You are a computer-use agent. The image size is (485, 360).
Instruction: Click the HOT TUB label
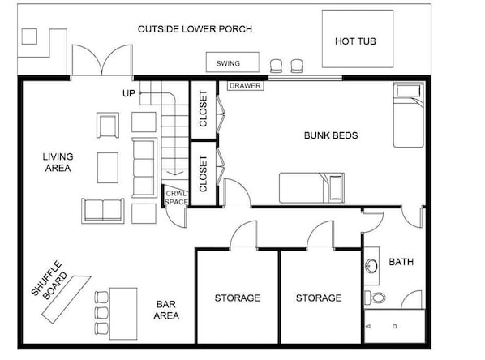tap(355, 41)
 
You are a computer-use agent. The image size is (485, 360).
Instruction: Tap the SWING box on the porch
tap(233, 62)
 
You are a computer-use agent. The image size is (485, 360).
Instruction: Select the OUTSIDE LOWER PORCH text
tap(195, 29)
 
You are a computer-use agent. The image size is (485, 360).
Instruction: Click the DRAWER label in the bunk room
tap(245, 86)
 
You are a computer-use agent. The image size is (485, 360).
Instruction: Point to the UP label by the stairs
tap(129, 93)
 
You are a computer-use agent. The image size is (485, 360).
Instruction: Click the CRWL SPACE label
tap(176, 198)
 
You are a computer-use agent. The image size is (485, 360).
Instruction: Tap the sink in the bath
tap(371, 266)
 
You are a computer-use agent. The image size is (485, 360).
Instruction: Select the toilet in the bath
tap(375, 298)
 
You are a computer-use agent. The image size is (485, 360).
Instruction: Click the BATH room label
tap(401, 262)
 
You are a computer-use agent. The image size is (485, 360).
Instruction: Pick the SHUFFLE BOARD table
tap(67, 299)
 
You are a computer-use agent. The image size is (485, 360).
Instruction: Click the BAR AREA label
tap(166, 310)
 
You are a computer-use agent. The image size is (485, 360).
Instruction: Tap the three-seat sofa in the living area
tap(144, 168)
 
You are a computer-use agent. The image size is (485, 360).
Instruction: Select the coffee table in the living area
tap(108, 168)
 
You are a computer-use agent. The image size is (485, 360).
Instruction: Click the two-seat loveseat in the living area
tap(103, 211)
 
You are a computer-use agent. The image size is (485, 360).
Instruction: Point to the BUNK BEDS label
tap(331, 135)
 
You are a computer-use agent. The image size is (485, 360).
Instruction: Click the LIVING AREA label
tap(58, 162)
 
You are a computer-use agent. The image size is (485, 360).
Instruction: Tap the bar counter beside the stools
tap(123, 314)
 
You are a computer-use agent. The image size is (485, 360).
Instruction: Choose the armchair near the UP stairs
tap(108, 125)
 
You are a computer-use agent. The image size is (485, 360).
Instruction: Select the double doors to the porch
tap(101, 61)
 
